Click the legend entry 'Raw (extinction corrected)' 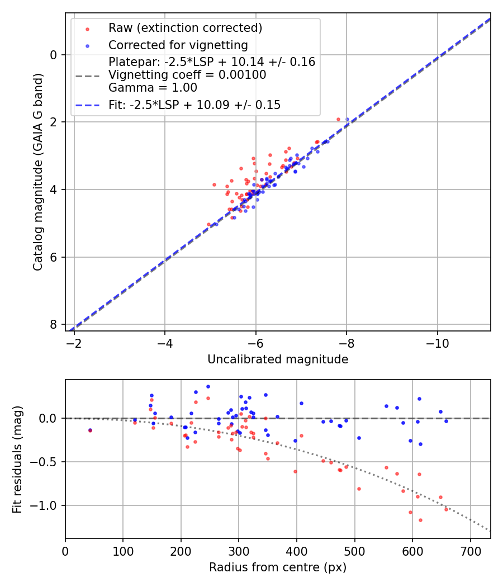click(x=185, y=28)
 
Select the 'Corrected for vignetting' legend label click(x=178, y=45)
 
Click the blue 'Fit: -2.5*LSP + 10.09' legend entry click(x=194, y=105)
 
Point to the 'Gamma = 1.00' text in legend click(x=153, y=88)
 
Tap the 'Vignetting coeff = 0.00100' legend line click(x=187, y=75)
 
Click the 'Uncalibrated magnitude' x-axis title click(x=278, y=359)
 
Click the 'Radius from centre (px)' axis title click(x=278, y=567)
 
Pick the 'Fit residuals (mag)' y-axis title click(x=17, y=459)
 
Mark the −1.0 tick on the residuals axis click(x=47, y=505)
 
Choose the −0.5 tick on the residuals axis click(x=47, y=462)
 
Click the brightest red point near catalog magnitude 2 click(x=338, y=119)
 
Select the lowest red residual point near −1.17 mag click(x=420, y=520)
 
